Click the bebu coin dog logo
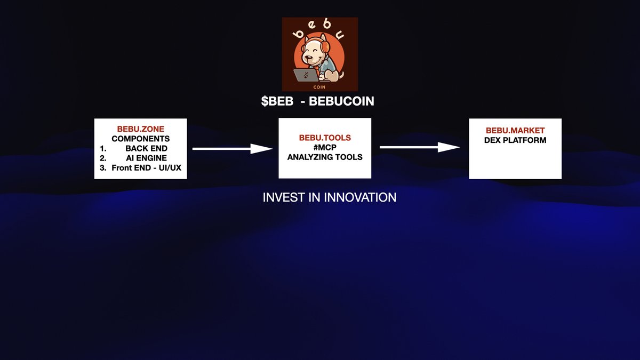tap(319, 54)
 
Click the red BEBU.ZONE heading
tap(140, 129)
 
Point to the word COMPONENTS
tap(140, 139)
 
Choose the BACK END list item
tap(146, 148)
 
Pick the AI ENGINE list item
tap(146, 158)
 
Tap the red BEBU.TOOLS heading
tap(325, 138)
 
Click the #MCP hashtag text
tap(325, 147)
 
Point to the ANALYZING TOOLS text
tap(325, 157)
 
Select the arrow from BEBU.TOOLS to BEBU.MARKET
tap(419, 147)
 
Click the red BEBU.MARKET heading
tap(515, 131)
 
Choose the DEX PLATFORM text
tap(515, 140)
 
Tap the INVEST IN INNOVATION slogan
tap(329, 197)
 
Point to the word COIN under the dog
tap(320, 85)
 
